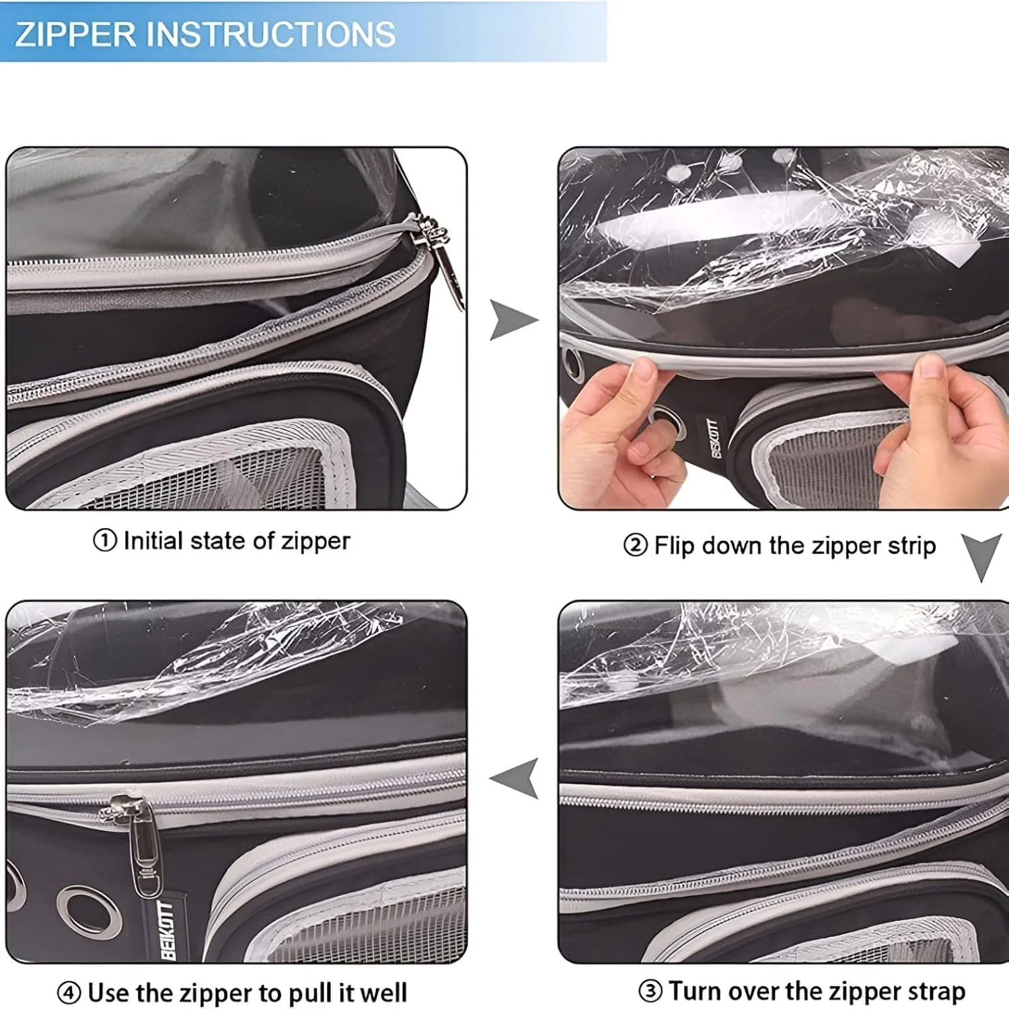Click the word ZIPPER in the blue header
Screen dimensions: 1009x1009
pyautogui.click(x=75, y=34)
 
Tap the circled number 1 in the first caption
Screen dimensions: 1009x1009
pyautogui.click(x=105, y=540)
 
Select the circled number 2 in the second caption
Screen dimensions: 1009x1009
pyautogui.click(x=635, y=545)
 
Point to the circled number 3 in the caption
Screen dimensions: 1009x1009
pyautogui.click(x=650, y=991)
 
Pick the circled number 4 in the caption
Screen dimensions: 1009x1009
pyautogui.click(x=69, y=993)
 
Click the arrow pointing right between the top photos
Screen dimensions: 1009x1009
pyautogui.click(x=513, y=320)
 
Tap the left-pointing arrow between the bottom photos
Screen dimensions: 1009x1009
pyautogui.click(x=515, y=778)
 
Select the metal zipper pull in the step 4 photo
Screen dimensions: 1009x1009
pyautogui.click(x=138, y=844)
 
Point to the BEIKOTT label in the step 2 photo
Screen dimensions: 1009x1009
pyautogui.click(x=714, y=438)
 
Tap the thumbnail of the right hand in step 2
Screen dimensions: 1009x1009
pyautogui.click(x=932, y=368)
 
